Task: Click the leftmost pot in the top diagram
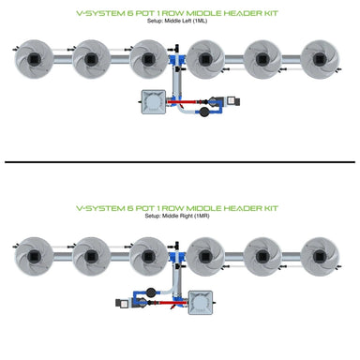(x=35, y=60)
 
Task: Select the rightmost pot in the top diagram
(x=324, y=60)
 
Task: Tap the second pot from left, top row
(x=92, y=60)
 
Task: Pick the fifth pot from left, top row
(x=268, y=60)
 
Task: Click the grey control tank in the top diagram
(x=152, y=104)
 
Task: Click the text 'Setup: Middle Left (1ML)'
(x=179, y=22)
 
